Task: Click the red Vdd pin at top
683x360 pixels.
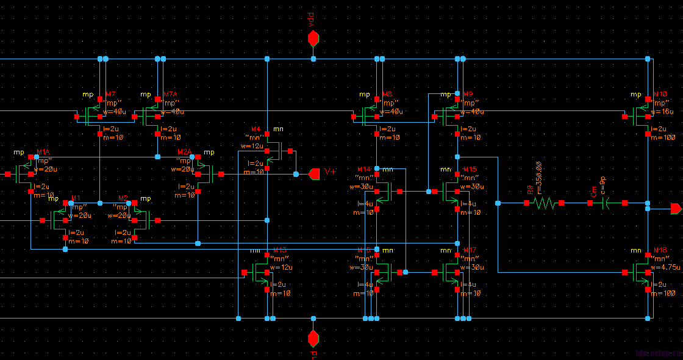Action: [313, 39]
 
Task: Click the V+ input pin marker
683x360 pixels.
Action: [315, 174]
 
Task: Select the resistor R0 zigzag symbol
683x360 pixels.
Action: [545, 203]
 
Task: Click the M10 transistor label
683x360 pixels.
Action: [660, 95]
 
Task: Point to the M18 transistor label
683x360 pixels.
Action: [660, 250]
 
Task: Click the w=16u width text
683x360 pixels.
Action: [662, 112]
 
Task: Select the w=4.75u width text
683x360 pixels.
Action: [665, 267]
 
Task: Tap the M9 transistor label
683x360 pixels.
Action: [468, 95]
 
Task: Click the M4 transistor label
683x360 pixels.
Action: [256, 129]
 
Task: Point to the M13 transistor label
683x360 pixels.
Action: [281, 250]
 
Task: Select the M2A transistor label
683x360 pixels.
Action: [185, 151]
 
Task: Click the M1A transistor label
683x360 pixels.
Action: [43, 151]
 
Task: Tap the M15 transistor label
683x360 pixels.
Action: [470, 169]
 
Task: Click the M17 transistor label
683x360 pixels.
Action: [470, 250]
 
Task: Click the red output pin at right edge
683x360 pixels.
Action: [676, 209]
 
